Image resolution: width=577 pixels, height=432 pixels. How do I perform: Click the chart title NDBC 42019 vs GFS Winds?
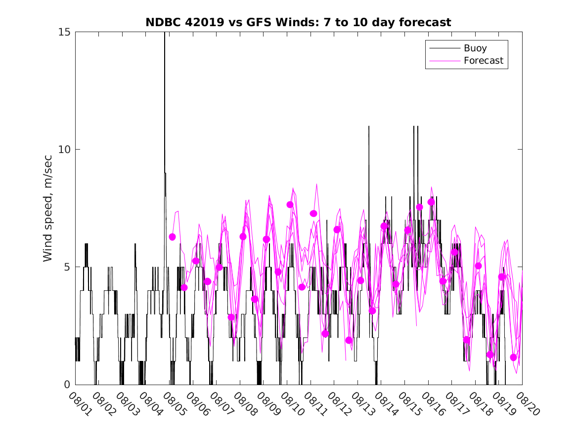point(298,23)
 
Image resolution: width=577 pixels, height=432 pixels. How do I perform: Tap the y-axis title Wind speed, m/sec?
point(48,208)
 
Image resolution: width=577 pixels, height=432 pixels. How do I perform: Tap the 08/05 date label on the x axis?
point(172,404)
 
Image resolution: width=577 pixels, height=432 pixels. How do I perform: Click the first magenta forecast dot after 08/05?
point(172,237)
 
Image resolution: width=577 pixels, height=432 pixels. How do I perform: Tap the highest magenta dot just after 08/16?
point(431,202)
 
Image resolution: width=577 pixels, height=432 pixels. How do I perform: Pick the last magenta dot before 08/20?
point(514,357)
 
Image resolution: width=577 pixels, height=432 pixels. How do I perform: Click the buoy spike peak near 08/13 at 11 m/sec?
point(368,127)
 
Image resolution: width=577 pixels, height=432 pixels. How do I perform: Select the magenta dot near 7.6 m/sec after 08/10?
point(290,204)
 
